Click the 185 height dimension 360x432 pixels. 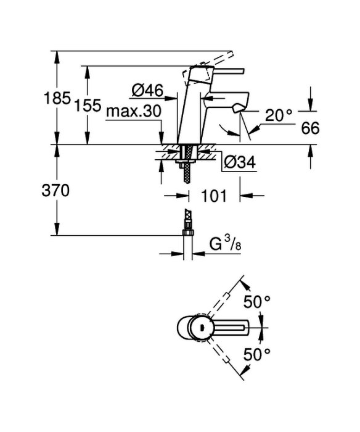[57, 98]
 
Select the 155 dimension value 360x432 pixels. [88, 106]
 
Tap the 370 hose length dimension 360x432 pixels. [55, 190]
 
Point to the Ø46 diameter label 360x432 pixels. [147, 90]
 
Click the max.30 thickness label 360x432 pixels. [134, 112]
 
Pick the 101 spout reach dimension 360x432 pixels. [214, 196]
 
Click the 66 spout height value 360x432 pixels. [310, 128]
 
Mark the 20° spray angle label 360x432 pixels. [278, 115]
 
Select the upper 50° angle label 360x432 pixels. [257, 302]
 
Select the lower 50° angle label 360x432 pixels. [257, 354]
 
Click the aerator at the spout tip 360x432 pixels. [237, 109]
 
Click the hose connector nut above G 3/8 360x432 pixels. [188, 232]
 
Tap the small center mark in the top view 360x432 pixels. [202, 328]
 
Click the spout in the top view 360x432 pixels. [231, 328]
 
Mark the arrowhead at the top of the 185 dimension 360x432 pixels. [57, 57]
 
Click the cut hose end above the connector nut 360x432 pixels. [188, 219]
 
